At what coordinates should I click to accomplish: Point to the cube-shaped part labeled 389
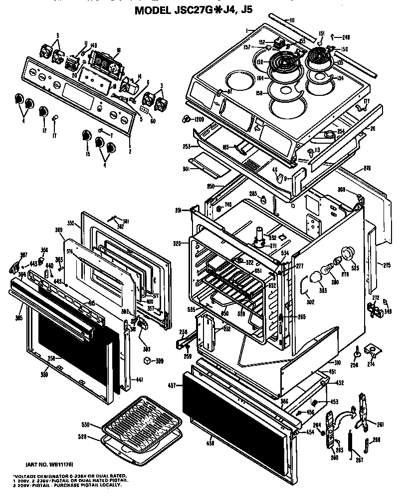pos(147,360)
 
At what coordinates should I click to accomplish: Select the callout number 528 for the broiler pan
pos(87,437)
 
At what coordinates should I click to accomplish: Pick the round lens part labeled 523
pos(347,253)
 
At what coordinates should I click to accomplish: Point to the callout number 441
pos(139,380)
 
